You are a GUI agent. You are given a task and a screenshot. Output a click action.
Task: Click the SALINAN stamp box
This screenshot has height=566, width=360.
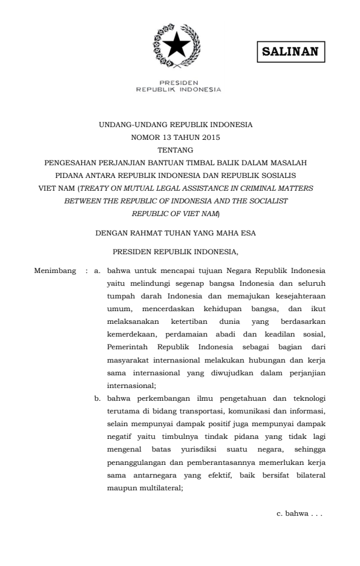(290, 51)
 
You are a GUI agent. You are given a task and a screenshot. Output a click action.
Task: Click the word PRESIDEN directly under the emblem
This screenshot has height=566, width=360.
(178, 84)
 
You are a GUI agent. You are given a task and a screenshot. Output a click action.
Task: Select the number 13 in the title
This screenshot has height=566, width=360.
(160, 137)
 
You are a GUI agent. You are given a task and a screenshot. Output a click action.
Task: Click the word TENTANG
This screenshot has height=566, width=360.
(175, 150)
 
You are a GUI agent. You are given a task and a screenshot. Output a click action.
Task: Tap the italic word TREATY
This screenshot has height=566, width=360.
(94, 188)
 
